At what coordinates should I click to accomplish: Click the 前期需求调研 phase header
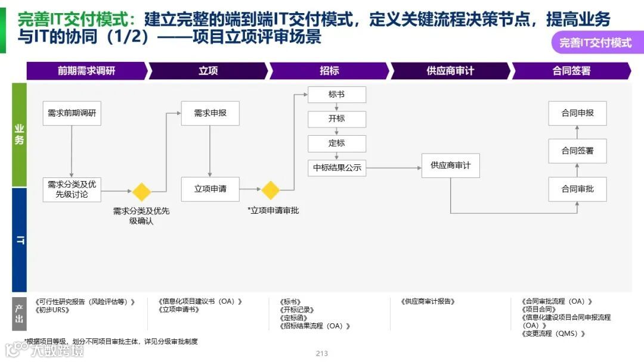86,71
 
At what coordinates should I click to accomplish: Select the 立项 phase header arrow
208,71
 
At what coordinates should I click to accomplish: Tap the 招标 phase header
329,71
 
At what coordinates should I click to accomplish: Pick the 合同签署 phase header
571,71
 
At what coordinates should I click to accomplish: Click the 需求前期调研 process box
72,113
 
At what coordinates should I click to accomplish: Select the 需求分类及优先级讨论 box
72,189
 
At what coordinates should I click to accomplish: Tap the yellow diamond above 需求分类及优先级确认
141,192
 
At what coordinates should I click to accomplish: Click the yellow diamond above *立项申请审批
271,191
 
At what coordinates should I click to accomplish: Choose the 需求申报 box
210,113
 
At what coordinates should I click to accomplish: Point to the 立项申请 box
210,189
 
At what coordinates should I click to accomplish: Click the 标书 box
336,95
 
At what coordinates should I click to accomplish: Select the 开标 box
336,119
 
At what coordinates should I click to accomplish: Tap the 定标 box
336,143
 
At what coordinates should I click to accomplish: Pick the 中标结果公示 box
337,168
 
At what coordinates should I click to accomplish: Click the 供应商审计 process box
450,166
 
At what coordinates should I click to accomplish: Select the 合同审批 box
577,189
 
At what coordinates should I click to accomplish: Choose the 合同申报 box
577,113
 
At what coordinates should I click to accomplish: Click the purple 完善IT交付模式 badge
595,43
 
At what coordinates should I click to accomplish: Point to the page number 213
322,354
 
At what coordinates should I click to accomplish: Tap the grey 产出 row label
19,314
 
